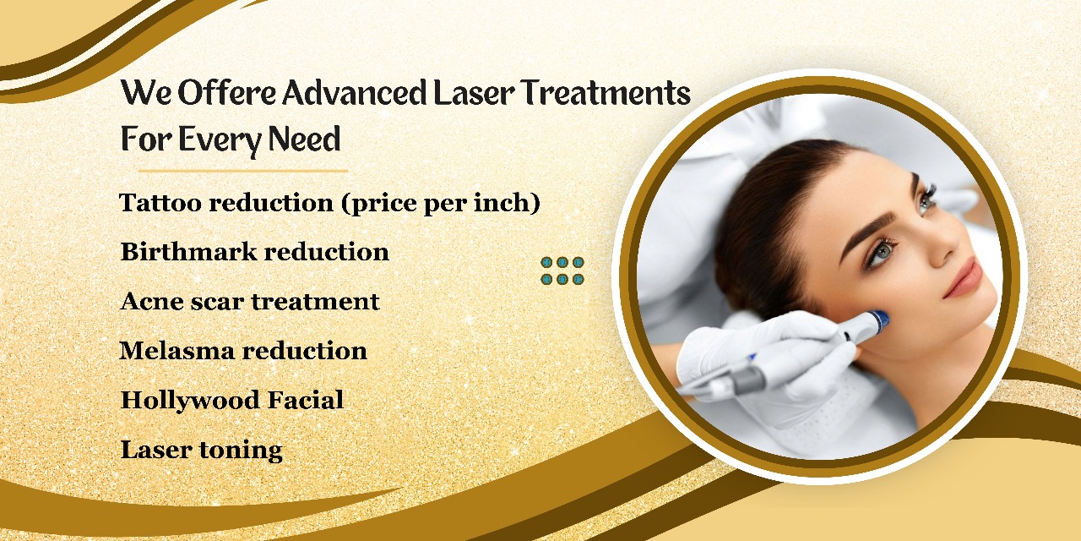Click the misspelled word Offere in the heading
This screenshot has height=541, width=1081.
pyautogui.click(x=227, y=92)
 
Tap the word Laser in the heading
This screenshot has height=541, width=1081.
pyautogui.click(x=475, y=92)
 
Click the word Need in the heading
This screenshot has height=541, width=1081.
pyautogui.click(x=304, y=139)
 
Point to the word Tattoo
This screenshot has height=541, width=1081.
pyautogui.click(x=160, y=202)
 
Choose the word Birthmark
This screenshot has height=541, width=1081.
pyautogui.click(x=188, y=251)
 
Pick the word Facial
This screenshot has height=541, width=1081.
pyautogui.click(x=306, y=400)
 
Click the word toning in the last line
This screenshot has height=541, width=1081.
pyautogui.click(x=241, y=451)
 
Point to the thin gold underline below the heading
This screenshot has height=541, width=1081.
pyautogui.click(x=243, y=171)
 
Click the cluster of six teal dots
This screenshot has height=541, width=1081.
pyautogui.click(x=562, y=270)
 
